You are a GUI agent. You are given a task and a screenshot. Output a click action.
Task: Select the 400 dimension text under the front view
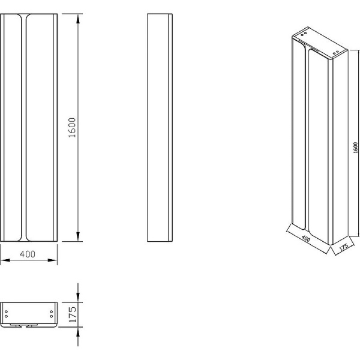[28, 254]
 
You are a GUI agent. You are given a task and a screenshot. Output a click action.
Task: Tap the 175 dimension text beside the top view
[71, 314]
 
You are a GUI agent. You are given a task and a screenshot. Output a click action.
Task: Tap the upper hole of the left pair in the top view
[6, 311]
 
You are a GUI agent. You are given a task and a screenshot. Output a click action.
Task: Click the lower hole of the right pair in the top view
[52, 316]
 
